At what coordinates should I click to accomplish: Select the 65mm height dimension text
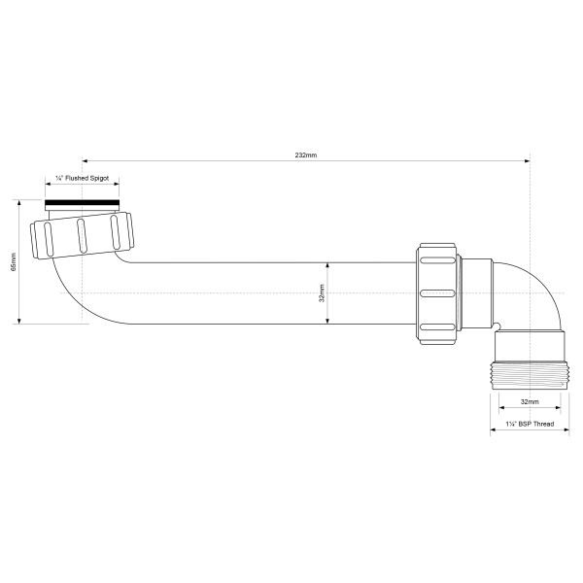coord(14,262)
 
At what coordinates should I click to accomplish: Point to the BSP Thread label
coord(529,425)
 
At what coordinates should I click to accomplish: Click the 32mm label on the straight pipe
coord(322,292)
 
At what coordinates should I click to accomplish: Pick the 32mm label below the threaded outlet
coord(529,400)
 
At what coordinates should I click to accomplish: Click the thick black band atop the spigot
coord(83,205)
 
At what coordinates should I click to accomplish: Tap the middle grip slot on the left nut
coord(82,234)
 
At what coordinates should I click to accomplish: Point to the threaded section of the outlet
coord(529,374)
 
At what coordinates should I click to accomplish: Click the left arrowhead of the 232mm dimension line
coord(86,161)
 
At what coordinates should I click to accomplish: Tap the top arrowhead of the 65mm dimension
coord(19,203)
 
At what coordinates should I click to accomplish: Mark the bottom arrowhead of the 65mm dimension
coord(19,321)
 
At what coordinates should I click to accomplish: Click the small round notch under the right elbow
coord(498,326)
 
